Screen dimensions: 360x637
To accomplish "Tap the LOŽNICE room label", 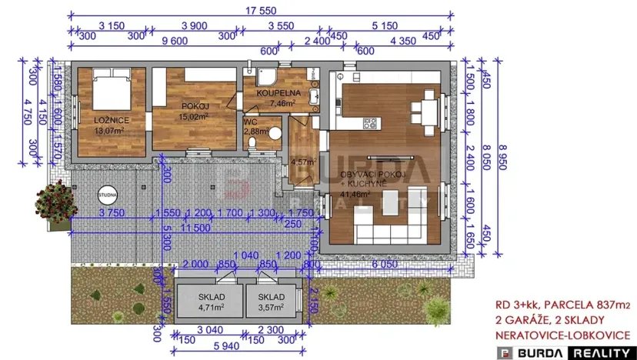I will (112, 122).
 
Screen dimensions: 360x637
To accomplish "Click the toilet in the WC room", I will (274, 132).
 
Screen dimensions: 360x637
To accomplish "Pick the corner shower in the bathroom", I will (266, 77).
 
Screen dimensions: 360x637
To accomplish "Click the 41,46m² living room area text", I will (355, 195).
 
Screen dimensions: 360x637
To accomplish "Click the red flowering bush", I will (53, 203).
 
